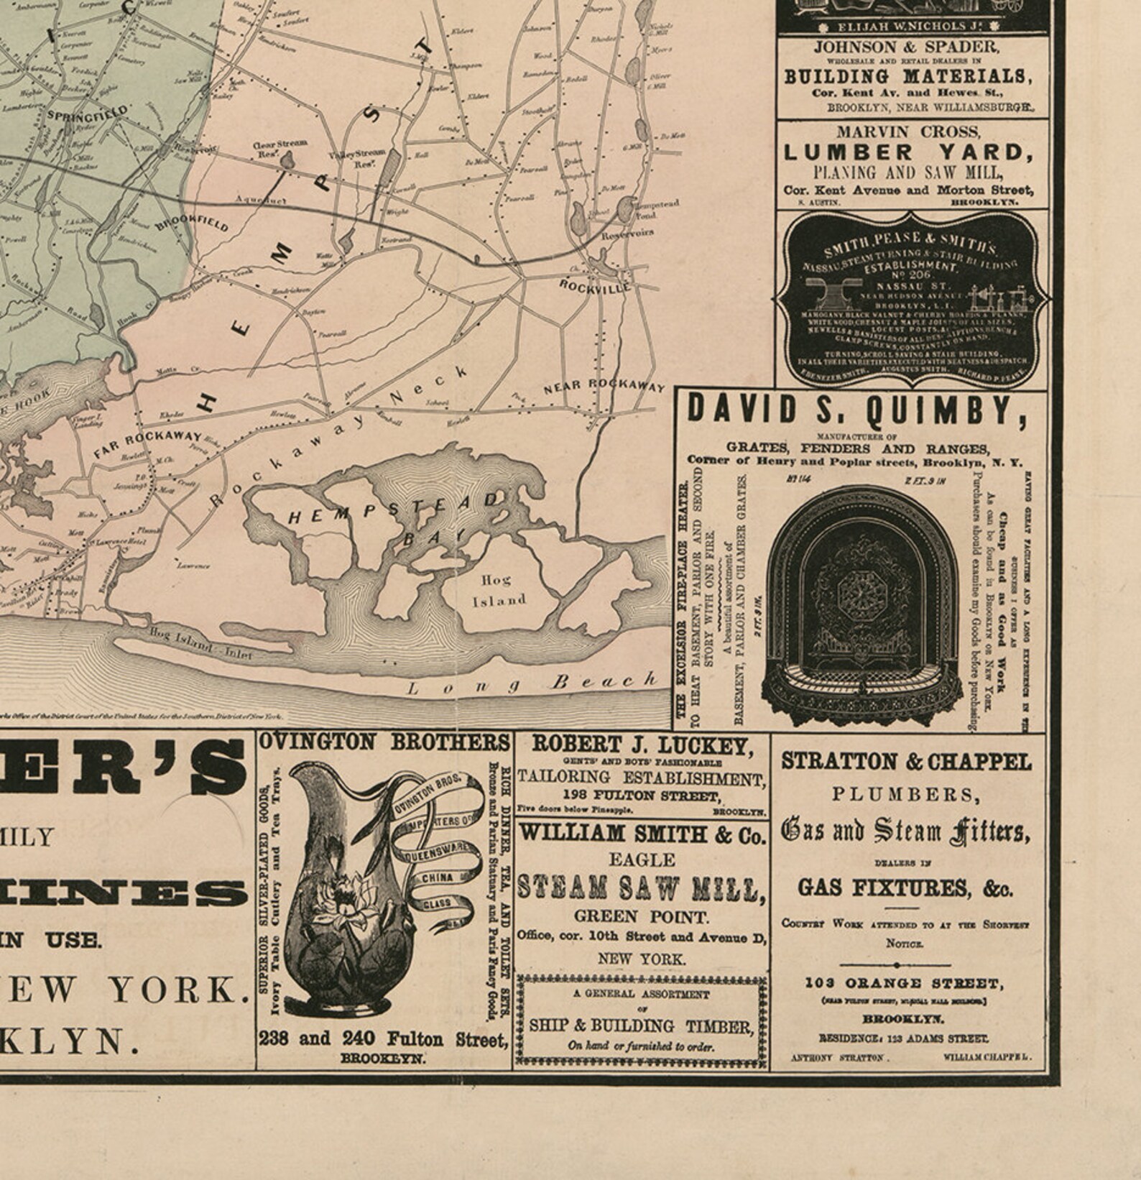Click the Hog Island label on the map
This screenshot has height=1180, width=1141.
(499, 589)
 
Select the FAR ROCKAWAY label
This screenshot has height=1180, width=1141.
(147, 443)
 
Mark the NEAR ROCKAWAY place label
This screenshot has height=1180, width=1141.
(604, 385)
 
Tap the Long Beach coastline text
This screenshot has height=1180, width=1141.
(532, 683)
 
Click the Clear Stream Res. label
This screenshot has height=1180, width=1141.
(280, 147)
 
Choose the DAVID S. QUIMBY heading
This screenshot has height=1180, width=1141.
(856, 410)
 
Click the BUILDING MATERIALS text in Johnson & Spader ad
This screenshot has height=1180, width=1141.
(905, 76)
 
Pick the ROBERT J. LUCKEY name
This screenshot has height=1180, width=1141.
(642, 745)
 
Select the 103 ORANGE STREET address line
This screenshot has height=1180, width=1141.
(902, 983)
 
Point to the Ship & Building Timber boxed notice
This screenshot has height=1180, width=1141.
(641, 1020)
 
